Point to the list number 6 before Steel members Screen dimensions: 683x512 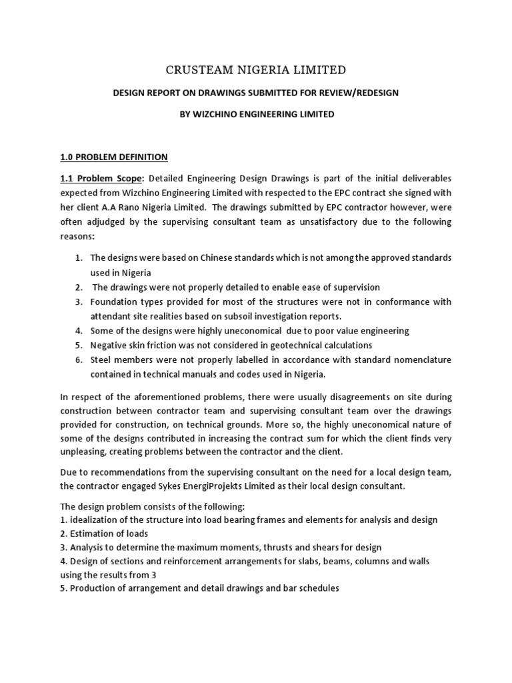click(x=78, y=360)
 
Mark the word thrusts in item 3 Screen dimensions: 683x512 click(x=261, y=548)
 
